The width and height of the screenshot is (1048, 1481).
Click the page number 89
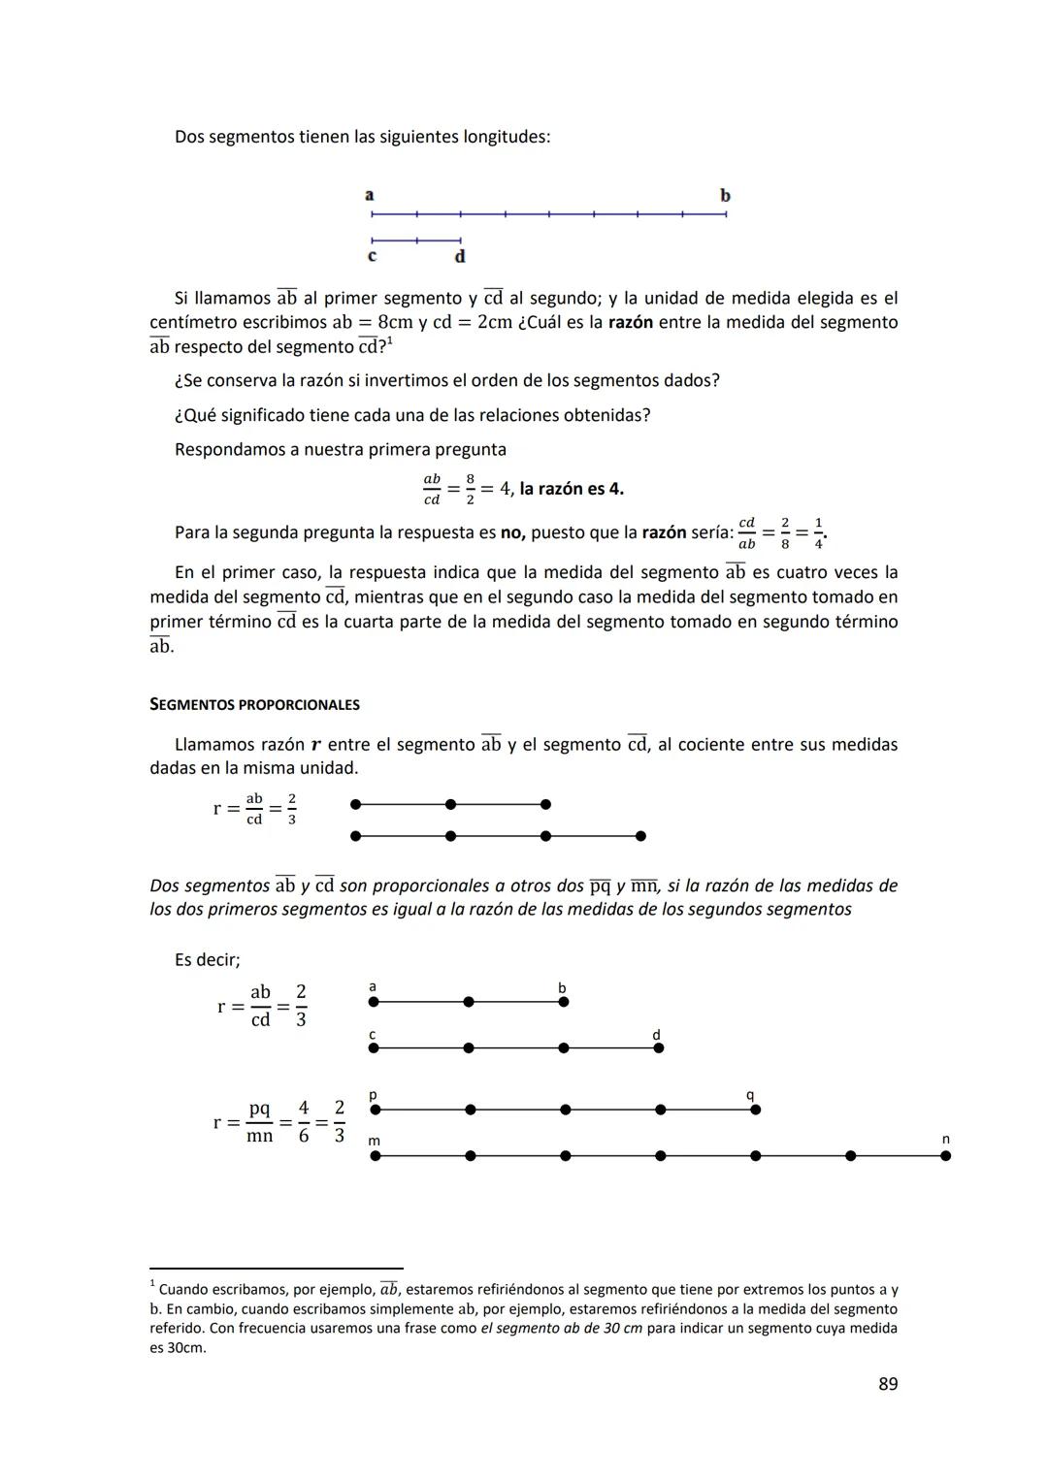point(887,1384)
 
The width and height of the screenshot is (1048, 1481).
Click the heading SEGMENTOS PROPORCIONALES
point(254,705)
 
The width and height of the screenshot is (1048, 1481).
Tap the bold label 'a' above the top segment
point(370,195)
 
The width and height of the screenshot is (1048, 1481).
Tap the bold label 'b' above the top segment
point(725,195)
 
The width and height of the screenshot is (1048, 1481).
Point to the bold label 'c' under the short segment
point(372,256)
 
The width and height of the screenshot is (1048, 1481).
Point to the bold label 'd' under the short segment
point(460,256)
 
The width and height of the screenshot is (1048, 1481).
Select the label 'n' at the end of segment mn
point(945,1139)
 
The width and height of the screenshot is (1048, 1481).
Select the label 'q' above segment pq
point(750,1094)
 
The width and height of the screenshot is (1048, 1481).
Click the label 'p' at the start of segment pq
point(374,1095)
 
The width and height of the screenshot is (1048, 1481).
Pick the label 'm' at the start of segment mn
point(375,1141)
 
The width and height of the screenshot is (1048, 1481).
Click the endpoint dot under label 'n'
point(946,1155)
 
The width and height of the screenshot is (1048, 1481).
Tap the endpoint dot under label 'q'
point(756,1110)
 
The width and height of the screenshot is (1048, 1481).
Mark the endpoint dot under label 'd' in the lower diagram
point(659,1047)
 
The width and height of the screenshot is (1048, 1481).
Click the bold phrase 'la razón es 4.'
point(572,489)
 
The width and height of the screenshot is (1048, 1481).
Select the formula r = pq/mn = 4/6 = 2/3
point(279,1122)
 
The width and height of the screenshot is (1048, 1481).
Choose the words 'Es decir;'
point(208,959)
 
